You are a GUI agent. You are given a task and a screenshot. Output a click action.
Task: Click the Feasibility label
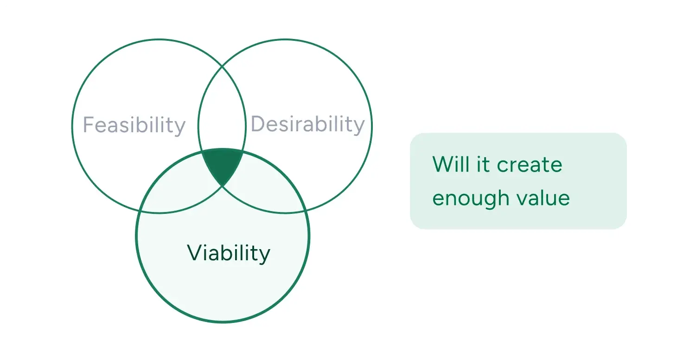click(134, 125)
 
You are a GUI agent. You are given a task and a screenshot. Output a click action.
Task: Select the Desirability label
click(307, 124)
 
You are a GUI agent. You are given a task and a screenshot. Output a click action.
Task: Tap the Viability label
click(229, 253)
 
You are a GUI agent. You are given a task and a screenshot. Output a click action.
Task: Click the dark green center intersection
click(223, 165)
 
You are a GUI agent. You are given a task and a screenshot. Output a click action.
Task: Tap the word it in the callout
click(483, 165)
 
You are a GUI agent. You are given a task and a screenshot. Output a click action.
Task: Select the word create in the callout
click(530, 165)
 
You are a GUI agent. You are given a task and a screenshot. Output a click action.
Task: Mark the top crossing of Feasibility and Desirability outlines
click(222, 66)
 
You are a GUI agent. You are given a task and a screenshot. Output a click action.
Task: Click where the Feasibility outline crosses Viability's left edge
click(139, 211)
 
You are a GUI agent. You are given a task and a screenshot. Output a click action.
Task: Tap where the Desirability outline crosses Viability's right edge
click(306, 211)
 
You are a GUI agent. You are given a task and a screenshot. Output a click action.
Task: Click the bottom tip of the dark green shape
click(222, 185)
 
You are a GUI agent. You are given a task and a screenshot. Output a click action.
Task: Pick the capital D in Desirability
click(258, 124)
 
